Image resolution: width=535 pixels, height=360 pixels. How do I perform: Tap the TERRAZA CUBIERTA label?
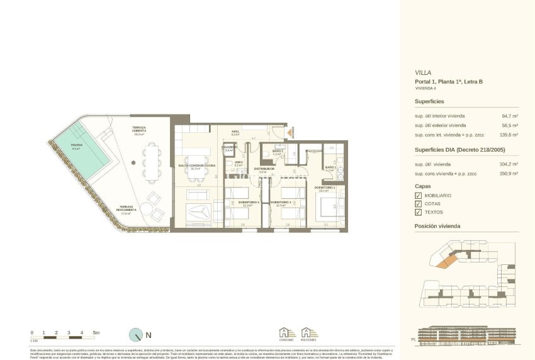click(x=138, y=130)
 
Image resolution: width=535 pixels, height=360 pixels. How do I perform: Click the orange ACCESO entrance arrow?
click(x=291, y=132)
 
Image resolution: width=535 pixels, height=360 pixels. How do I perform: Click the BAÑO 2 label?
click(x=278, y=152)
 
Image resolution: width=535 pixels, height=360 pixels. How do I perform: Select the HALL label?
click(x=235, y=132)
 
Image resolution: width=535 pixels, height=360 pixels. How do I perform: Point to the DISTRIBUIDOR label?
click(x=264, y=169)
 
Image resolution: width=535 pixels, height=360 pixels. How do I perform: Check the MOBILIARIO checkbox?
click(x=419, y=195)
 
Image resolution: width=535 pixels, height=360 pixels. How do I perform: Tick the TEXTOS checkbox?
click(x=419, y=212)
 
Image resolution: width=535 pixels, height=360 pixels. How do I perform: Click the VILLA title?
click(x=423, y=72)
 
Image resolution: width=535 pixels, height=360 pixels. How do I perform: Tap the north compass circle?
click(x=136, y=335)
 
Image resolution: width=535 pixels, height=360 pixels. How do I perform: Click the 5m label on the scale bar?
click(x=96, y=332)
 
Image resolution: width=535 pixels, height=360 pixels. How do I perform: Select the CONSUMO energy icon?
click(x=286, y=334)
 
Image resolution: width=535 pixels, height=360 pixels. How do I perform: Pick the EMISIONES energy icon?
click(x=308, y=334)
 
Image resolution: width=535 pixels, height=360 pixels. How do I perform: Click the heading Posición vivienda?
click(x=437, y=226)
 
